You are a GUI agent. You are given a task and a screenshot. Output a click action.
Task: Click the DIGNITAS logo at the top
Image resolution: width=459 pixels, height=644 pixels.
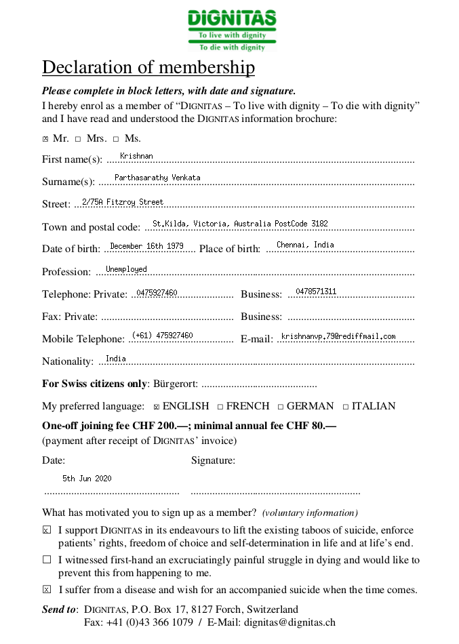[232, 31]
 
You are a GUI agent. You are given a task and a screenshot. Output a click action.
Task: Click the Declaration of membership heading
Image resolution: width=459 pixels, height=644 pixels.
[148, 68]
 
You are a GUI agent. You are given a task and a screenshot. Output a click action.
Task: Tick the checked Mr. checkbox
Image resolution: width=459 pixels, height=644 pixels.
[45, 139]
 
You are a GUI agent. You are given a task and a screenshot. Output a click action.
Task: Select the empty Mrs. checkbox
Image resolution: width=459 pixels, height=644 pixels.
[78, 139]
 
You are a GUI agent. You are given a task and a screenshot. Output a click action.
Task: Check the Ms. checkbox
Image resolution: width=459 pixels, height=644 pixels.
[116, 139]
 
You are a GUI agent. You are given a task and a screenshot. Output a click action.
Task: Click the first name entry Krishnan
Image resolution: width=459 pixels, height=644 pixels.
[136, 156]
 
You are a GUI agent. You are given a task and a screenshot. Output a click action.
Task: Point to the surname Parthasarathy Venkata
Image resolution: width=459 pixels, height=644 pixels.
[157, 178]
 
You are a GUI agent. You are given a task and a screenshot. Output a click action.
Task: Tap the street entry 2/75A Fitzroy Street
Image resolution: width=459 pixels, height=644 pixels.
[123, 202]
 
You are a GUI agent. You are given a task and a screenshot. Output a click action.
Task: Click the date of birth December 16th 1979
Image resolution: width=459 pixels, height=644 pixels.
[146, 246]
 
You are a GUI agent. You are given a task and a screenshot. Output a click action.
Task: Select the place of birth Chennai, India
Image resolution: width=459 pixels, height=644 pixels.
[305, 245]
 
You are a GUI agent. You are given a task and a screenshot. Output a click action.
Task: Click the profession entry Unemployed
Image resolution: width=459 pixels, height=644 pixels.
[126, 269]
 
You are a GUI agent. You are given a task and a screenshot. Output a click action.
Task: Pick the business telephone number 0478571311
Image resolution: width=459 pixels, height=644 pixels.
[316, 291]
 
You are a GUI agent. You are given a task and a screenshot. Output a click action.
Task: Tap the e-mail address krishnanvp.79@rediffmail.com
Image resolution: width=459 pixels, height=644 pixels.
[338, 336]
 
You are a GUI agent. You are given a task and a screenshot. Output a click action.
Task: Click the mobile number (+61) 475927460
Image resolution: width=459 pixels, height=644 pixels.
[163, 336]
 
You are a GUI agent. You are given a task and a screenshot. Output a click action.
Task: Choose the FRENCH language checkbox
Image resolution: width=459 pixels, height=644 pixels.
[220, 407]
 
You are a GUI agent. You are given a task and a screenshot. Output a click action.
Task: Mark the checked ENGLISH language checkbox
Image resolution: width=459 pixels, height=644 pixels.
[157, 407]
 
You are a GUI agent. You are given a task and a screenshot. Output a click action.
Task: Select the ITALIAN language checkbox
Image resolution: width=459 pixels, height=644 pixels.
[346, 407]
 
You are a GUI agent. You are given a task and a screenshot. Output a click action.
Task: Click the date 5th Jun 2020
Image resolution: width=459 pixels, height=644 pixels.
[87, 479]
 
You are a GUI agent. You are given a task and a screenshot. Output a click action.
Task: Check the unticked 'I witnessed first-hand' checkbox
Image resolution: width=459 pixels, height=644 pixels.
[47, 560]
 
